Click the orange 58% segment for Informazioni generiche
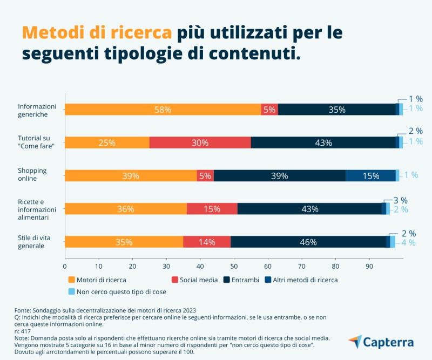163,110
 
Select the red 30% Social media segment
200,142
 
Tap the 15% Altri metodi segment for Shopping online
370,175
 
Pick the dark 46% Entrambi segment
308,242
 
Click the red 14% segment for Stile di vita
207,242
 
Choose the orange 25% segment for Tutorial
107,142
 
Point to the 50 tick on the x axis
234,266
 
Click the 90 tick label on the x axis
369,266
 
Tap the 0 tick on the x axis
65,266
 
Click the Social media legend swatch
175,280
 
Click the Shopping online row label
32,174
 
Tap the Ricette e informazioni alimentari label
37,209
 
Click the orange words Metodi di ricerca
97,33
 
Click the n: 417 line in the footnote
24,331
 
